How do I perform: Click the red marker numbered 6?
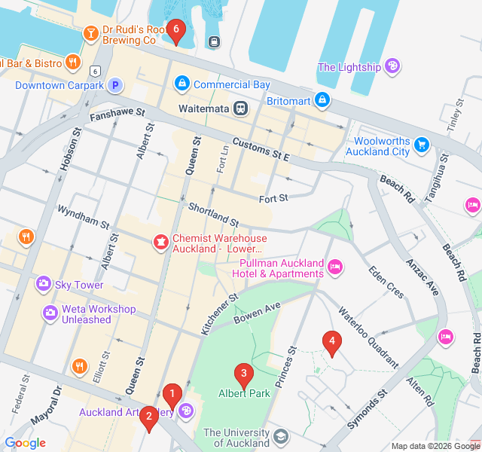tap(175, 31)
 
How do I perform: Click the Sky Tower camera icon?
tap(43, 285)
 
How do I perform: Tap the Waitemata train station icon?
tap(240, 108)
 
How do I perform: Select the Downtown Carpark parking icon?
tap(114, 85)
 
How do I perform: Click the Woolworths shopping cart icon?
tap(422, 143)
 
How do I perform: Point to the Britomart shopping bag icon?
tap(322, 99)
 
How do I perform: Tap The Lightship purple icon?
tap(392, 67)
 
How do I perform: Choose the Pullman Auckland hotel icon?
tap(336, 266)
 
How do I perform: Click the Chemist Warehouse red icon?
tap(160, 242)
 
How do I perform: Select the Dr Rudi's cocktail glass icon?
tap(90, 33)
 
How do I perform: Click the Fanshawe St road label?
tap(116, 115)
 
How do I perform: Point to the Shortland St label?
tap(213, 215)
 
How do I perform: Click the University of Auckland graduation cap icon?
tap(281, 436)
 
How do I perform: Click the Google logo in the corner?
tap(25, 443)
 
